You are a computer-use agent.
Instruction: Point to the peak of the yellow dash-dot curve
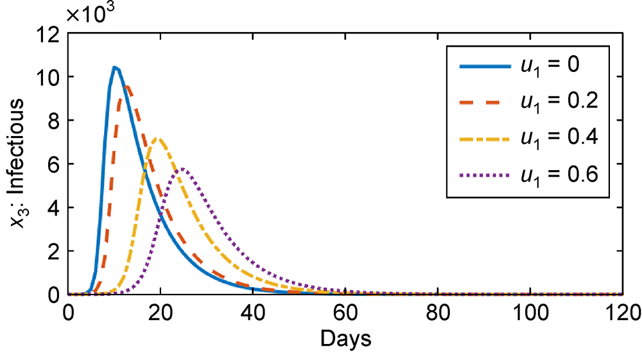[159, 139]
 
